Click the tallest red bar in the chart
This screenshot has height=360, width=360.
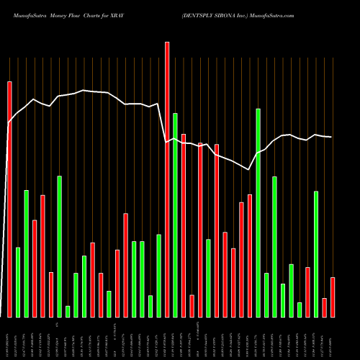pos(167,179)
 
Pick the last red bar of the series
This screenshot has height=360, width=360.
pos(333,297)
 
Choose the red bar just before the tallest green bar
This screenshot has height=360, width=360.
pos(250,256)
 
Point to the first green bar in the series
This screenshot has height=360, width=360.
pos(18,282)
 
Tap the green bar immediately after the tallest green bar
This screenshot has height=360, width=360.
pos(266,294)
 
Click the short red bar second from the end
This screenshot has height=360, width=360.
pos(325,307)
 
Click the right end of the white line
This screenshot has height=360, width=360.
pos(331,137)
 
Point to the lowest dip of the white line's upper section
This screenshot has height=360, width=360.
pos(249,170)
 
